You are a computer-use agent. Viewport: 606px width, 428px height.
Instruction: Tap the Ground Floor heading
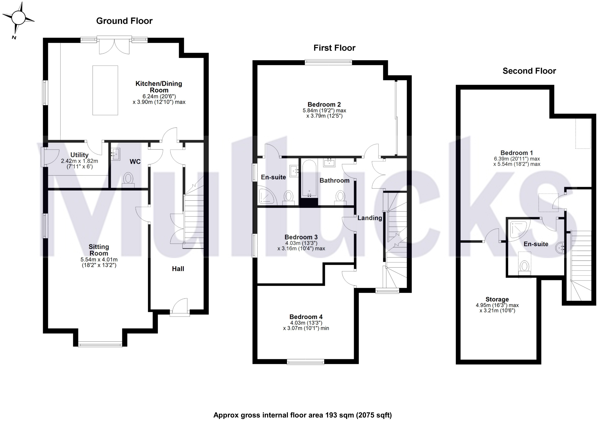pos(124,21)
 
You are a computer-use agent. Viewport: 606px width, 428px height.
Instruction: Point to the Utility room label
pos(79,155)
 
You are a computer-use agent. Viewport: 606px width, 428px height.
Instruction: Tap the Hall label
pos(178,269)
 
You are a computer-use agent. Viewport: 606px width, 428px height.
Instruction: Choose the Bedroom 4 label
pos(306,317)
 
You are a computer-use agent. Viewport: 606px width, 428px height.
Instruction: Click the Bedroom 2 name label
pos(324,105)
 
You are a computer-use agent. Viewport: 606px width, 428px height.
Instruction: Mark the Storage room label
pos(497,299)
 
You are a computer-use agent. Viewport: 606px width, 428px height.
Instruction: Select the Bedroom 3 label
pos(301,237)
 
